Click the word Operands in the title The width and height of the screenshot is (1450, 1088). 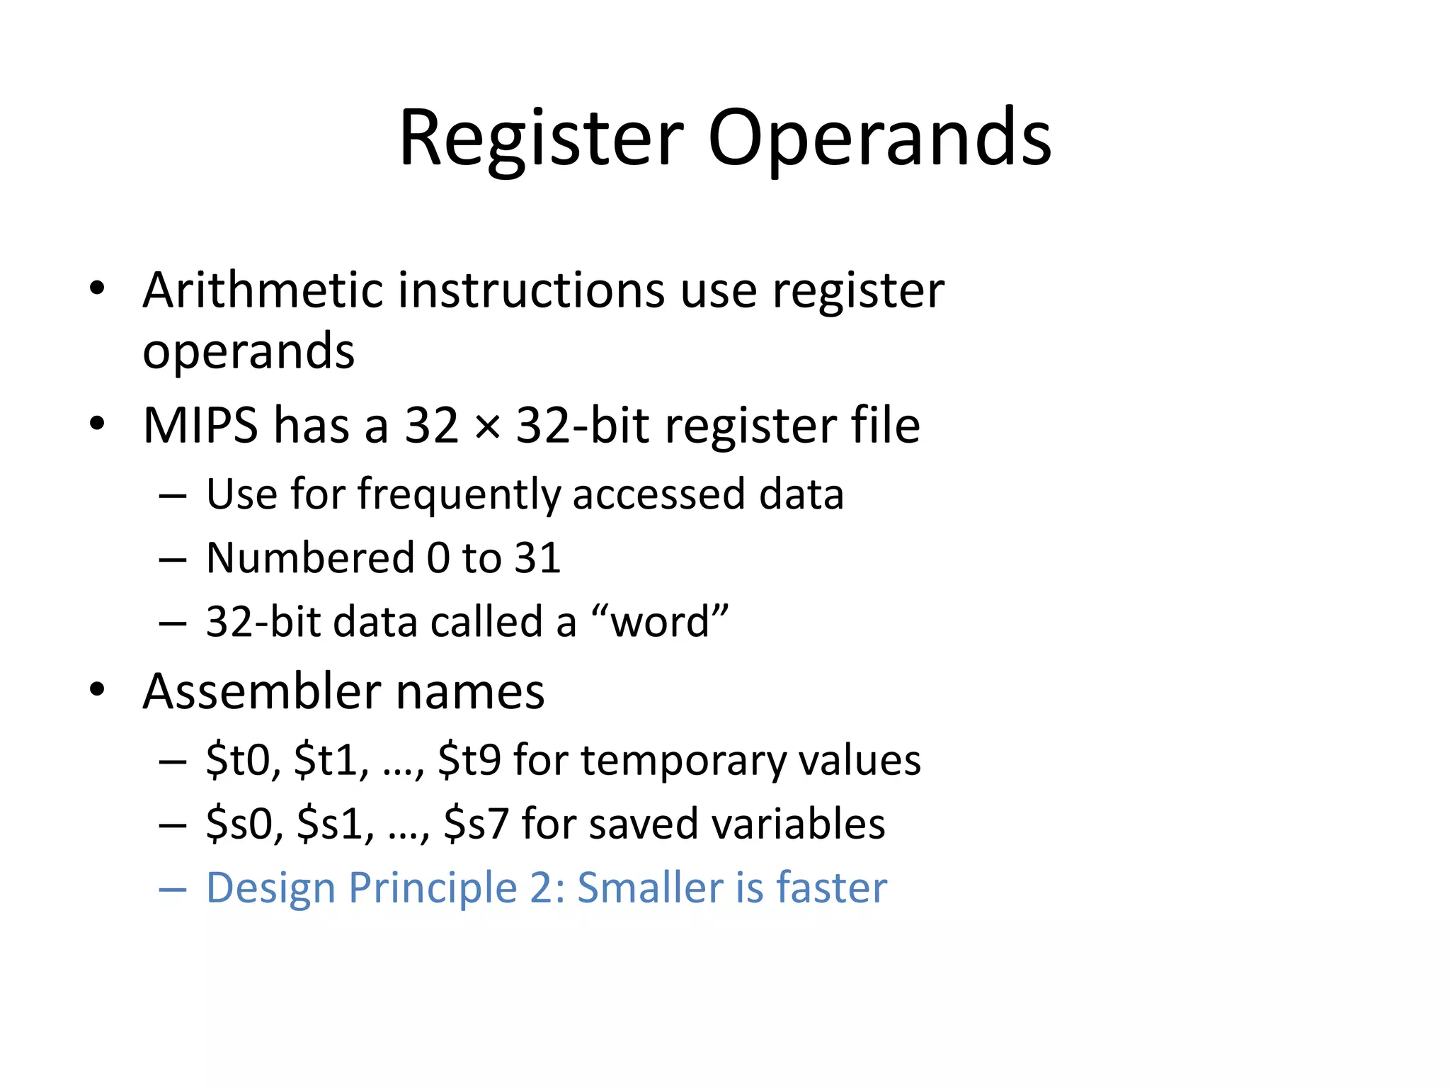879,139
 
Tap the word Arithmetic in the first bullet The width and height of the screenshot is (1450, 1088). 263,290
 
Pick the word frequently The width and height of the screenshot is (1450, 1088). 458,494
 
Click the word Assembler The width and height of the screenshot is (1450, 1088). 262,691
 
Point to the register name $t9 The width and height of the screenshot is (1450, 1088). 469,760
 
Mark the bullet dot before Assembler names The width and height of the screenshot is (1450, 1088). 97,689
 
